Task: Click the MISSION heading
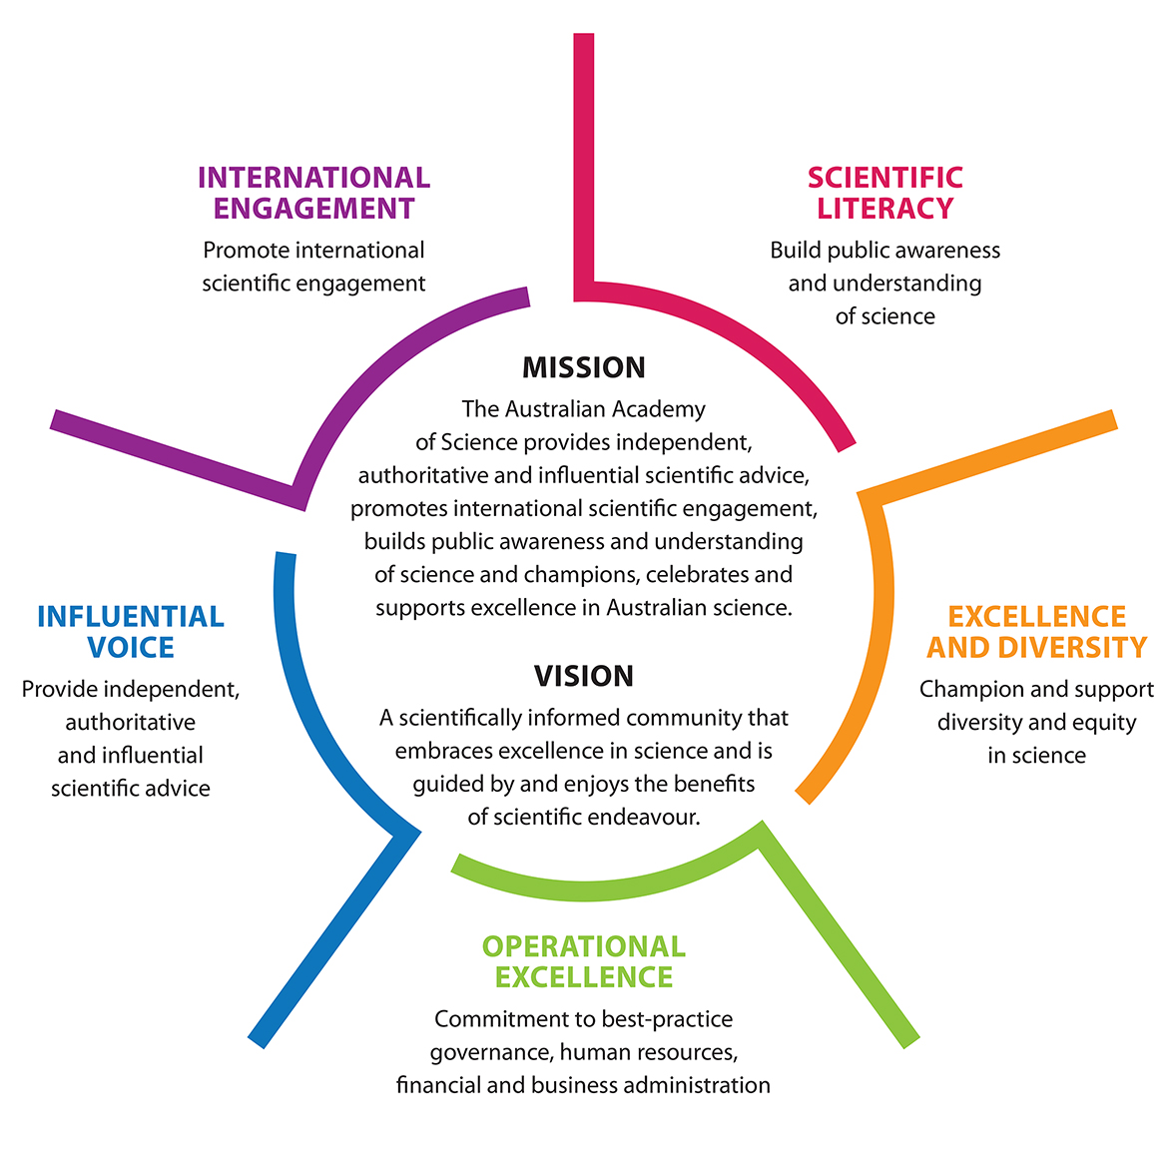(584, 367)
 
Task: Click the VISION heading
(584, 676)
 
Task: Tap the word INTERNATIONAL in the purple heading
(313, 178)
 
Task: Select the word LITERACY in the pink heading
(885, 209)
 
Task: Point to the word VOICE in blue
(131, 648)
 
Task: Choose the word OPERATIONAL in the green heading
(584, 946)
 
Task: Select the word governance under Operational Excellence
(491, 1052)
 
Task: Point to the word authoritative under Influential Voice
(131, 722)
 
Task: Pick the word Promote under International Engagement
(246, 251)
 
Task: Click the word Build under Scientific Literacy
(793, 251)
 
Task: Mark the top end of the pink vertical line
(584, 38)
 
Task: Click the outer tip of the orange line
(1112, 420)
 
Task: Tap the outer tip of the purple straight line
(55, 420)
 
